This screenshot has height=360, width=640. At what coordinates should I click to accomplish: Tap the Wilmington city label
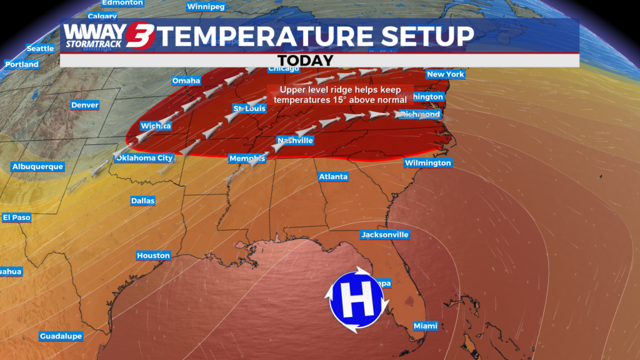[x=427, y=163]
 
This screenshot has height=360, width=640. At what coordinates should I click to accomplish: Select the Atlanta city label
[x=333, y=177]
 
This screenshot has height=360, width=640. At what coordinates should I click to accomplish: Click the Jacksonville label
[x=384, y=235]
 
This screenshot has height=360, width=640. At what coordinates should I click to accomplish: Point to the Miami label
[x=426, y=326]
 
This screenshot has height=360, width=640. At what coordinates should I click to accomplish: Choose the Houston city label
[x=153, y=256]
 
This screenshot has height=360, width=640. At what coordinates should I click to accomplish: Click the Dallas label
[x=142, y=201]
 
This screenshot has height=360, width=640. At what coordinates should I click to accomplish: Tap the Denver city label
[x=84, y=105]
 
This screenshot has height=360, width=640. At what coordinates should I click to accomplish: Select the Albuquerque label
[x=37, y=167]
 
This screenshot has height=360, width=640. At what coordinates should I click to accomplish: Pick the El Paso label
[x=16, y=217]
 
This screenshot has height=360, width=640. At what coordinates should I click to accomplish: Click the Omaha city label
[x=186, y=81]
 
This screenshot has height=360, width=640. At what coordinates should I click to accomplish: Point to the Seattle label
[x=40, y=49]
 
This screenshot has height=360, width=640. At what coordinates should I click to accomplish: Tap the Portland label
[x=22, y=64]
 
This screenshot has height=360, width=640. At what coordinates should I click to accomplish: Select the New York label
[x=445, y=74]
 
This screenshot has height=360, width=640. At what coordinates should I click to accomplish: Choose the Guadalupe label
[x=61, y=336]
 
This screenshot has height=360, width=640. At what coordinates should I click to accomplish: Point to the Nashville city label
[x=295, y=141]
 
